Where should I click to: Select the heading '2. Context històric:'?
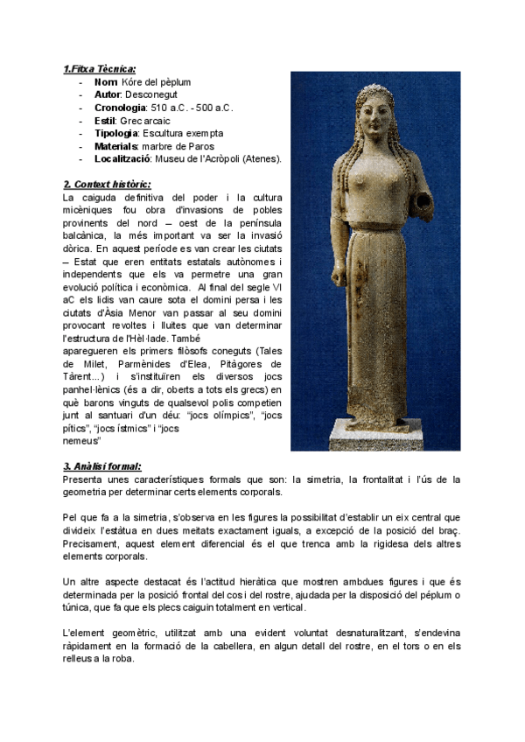[x=106, y=185]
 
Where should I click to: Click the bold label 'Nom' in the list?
[x=106, y=82]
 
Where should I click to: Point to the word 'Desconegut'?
[x=152, y=94]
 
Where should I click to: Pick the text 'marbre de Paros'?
[x=178, y=146]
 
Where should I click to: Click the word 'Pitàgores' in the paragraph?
[x=254, y=364]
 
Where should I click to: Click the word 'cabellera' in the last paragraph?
[x=288, y=645]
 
